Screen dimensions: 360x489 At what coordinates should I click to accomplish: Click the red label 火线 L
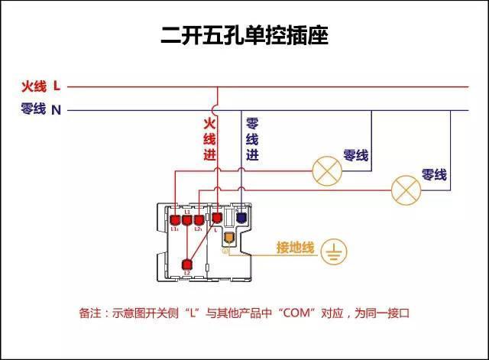40,86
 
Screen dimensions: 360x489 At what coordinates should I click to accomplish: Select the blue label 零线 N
40,109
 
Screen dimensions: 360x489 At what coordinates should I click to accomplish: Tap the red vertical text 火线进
209,138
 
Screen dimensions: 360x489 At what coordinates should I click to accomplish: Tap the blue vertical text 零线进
251,138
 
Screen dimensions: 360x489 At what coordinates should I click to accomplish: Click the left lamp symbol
327,170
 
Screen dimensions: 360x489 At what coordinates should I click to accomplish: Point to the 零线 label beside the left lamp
356,155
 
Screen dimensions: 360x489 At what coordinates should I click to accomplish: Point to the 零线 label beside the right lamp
434,175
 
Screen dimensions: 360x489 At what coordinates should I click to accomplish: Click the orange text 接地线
295,248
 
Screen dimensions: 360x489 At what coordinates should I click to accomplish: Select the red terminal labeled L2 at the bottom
187,265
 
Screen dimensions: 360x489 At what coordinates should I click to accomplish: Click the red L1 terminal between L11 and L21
187,220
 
